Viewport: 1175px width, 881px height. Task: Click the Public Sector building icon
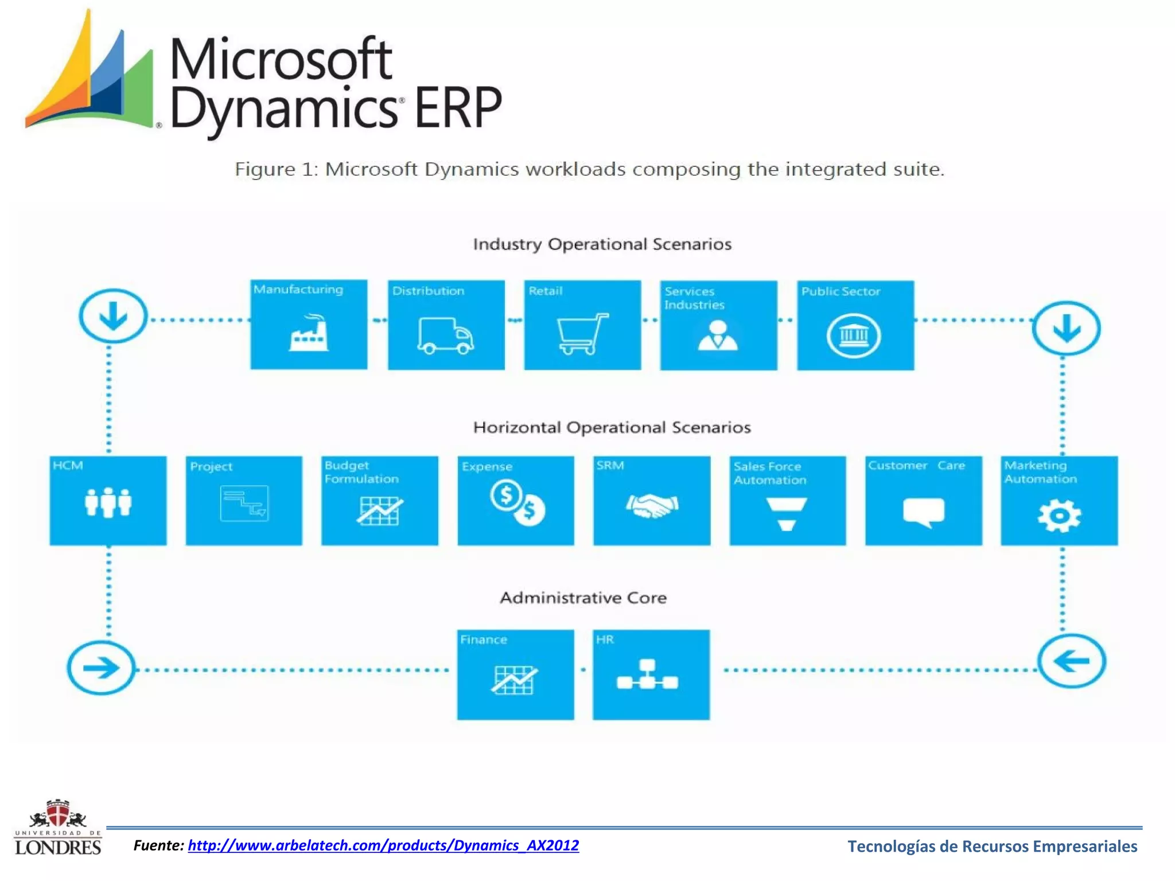[x=854, y=336]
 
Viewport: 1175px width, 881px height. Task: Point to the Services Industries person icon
[x=718, y=336]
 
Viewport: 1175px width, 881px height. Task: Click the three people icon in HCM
[x=108, y=502]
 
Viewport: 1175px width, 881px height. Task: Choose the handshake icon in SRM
[x=652, y=506]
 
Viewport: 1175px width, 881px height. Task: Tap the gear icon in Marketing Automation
[x=1059, y=516]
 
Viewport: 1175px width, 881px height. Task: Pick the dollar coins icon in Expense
[x=517, y=502]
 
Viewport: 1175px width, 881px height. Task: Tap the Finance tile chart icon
[x=514, y=680]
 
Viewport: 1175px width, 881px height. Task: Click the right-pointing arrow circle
[x=101, y=668]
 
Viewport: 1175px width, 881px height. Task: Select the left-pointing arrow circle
[x=1071, y=661]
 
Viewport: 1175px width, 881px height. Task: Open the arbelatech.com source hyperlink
[x=383, y=845]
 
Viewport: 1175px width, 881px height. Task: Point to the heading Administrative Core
[x=583, y=598]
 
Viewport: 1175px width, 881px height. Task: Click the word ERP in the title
[x=457, y=107]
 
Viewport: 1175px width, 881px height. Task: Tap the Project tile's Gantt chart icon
[x=244, y=504]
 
